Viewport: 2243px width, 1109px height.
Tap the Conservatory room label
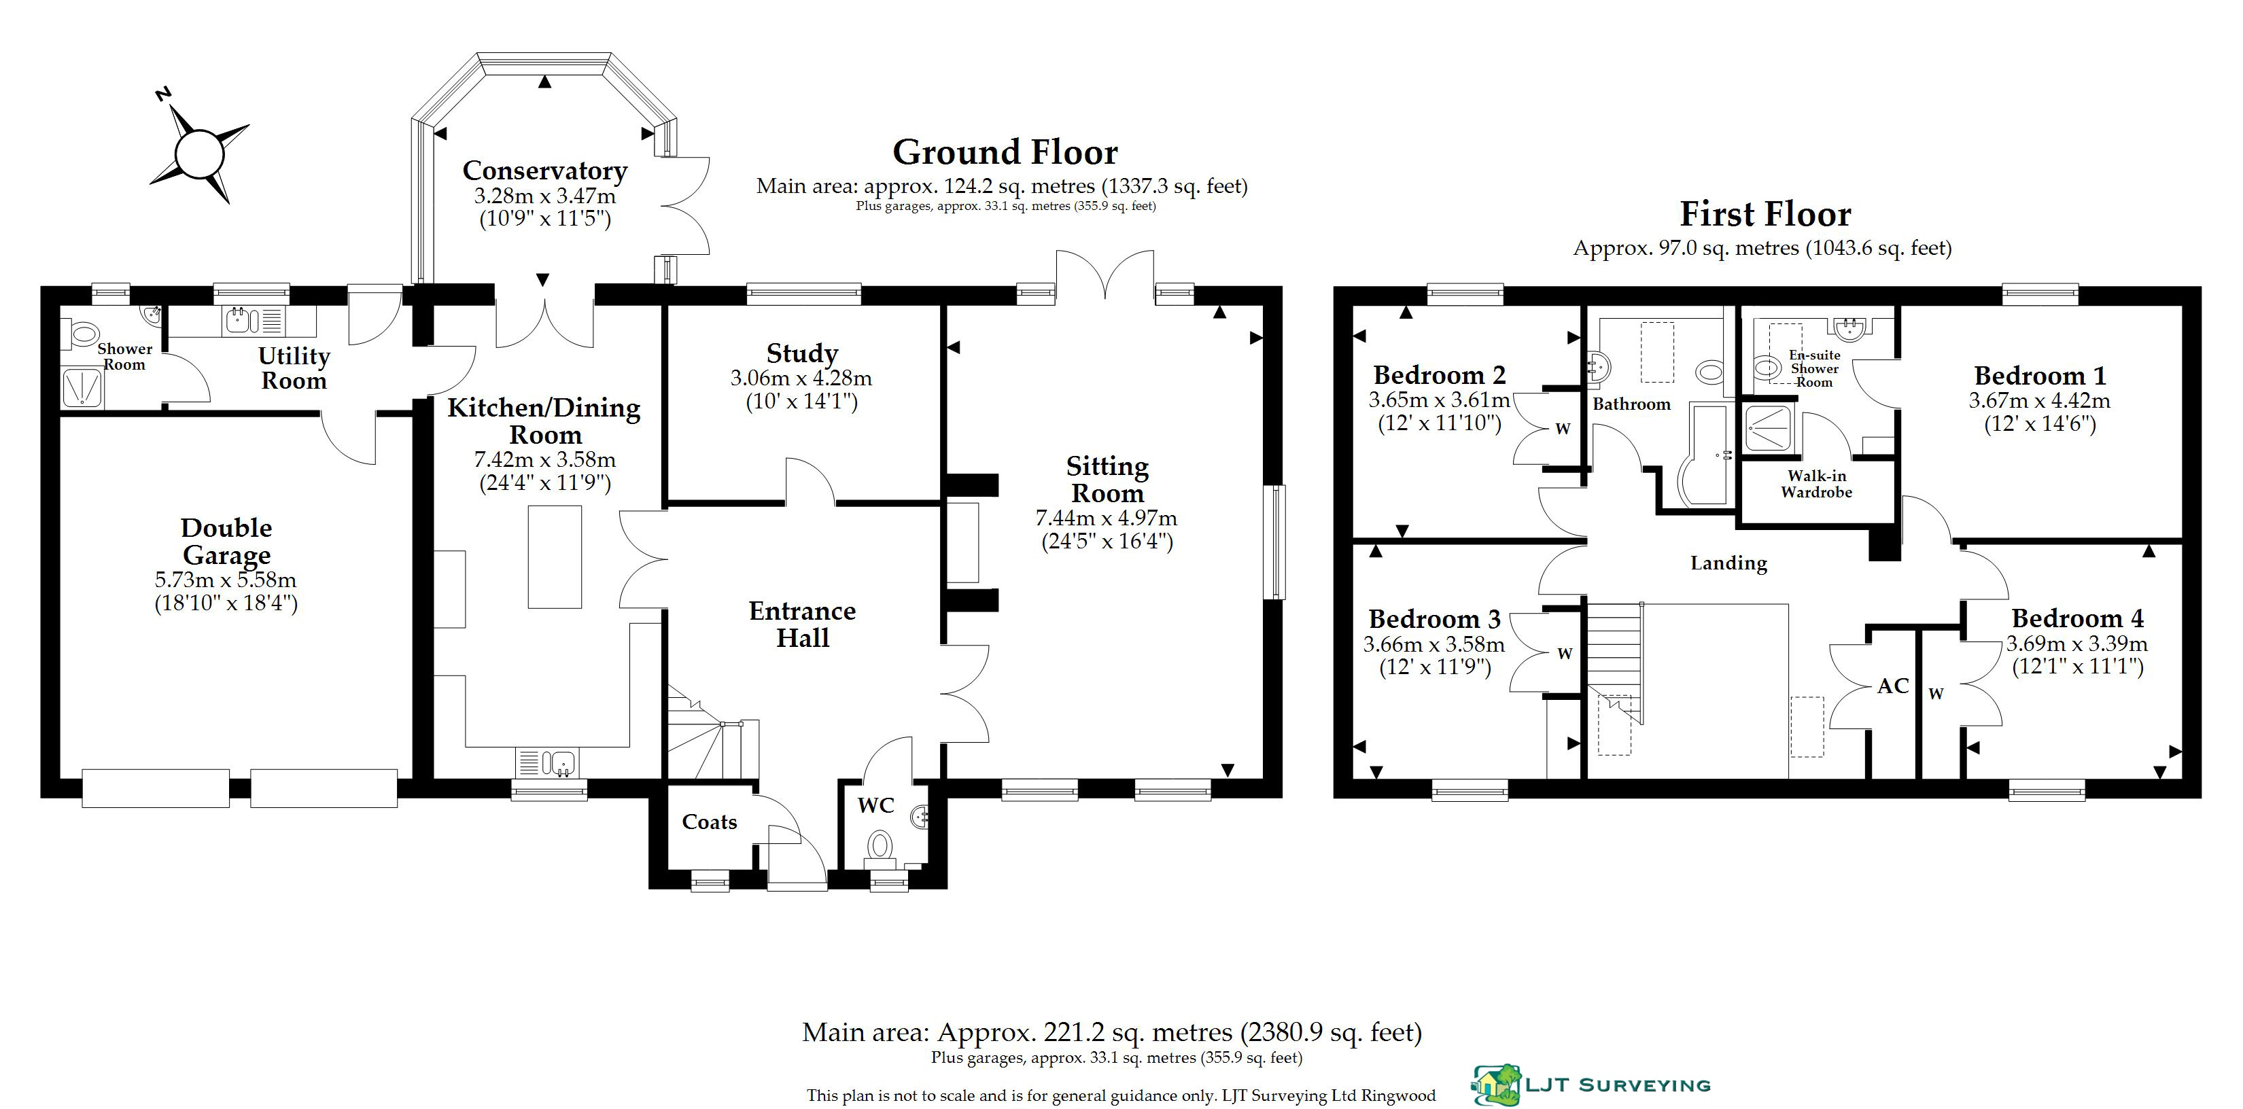545,171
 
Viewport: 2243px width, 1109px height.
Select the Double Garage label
226,541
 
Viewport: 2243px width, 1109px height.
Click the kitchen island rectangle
555,557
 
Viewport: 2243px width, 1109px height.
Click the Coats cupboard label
710,822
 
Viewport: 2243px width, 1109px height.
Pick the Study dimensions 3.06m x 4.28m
801,379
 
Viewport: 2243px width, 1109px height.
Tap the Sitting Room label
1108,479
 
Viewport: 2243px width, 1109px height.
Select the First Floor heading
1765,214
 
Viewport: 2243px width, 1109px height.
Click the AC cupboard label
1893,686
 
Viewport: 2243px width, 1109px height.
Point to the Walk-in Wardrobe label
1816,484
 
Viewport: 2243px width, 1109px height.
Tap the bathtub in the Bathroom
1706,455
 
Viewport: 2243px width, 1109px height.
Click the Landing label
1728,563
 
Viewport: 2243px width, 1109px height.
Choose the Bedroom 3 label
1434,619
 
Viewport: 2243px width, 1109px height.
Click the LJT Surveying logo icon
1496,1085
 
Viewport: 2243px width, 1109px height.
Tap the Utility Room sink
242,321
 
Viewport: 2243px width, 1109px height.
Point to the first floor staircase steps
1615,662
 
